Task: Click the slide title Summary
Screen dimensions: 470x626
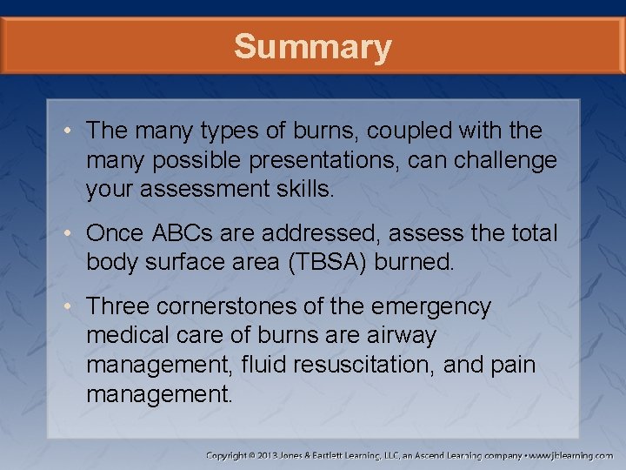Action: (x=312, y=46)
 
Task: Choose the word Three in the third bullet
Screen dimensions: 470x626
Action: (x=118, y=307)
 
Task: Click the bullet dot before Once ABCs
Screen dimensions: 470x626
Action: (x=72, y=234)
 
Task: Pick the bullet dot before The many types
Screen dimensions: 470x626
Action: (x=72, y=131)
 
